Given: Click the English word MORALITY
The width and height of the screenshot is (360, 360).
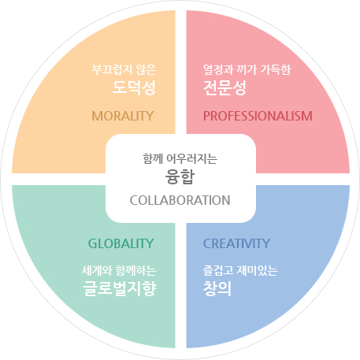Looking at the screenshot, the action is (123, 116).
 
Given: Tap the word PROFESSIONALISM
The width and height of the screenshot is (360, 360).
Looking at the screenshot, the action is (258, 116).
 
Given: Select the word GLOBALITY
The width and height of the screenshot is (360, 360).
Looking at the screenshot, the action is (121, 243).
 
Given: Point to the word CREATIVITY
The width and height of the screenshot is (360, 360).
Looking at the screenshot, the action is (236, 243).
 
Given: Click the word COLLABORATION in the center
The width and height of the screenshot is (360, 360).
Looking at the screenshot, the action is (180, 200).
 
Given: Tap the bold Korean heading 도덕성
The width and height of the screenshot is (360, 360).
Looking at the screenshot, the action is (134, 87).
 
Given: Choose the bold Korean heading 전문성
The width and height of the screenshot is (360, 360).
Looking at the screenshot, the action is (225, 87).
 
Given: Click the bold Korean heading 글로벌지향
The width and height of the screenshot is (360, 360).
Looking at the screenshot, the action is (120, 288).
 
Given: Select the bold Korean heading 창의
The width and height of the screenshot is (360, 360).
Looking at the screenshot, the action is (217, 288).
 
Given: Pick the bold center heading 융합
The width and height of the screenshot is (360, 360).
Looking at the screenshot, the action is (180, 176).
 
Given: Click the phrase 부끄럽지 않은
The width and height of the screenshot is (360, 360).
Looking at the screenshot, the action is (124, 69).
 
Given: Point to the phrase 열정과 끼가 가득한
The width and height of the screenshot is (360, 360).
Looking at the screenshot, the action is (247, 69).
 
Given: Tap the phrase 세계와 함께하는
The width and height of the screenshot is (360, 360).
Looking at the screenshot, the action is (119, 271).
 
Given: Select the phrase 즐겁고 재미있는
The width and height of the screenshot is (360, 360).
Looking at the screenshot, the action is (240, 271).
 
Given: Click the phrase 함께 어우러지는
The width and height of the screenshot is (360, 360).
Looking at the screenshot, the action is (180, 159).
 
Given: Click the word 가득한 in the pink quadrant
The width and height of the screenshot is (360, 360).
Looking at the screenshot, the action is (276, 69).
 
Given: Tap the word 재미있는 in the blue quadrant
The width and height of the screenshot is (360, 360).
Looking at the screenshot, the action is (257, 271).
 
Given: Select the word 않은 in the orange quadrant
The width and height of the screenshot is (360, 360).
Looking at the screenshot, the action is (147, 69).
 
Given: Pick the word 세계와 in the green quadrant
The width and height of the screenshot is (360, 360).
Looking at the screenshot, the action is (97, 271).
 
